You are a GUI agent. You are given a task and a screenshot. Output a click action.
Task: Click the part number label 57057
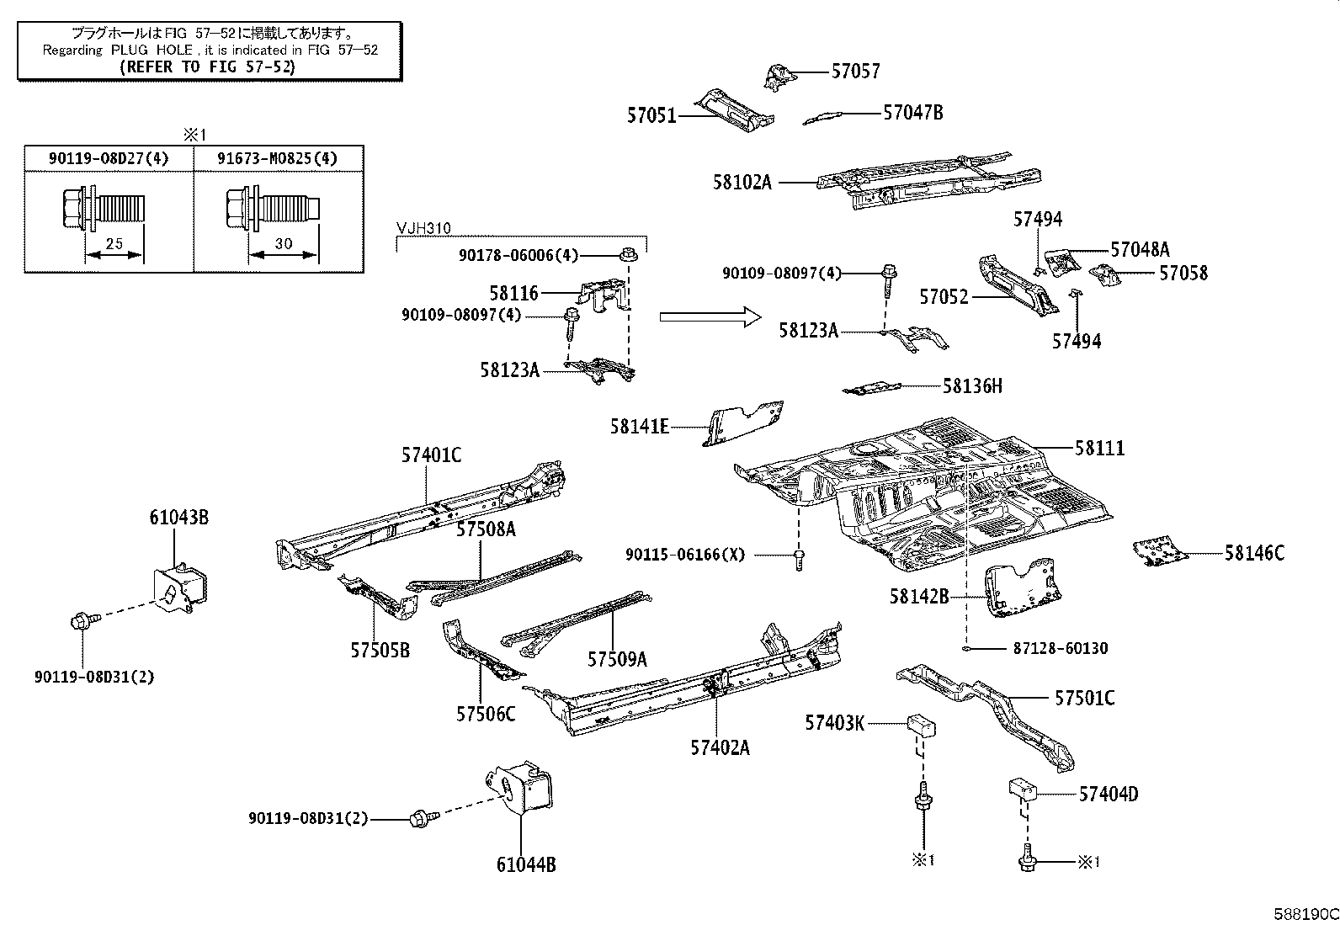tap(855, 72)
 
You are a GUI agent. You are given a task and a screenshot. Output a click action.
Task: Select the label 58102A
tap(742, 183)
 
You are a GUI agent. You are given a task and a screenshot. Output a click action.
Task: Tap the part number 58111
tap(1099, 448)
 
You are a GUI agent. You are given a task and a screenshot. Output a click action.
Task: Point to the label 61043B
tap(179, 518)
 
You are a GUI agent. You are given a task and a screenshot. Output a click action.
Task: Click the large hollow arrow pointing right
tap(710, 317)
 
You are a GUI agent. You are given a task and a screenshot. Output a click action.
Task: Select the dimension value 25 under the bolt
tap(114, 243)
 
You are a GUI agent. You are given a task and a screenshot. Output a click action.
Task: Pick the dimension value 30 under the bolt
tap(283, 243)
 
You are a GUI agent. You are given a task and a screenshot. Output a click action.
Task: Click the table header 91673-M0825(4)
tap(277, 158)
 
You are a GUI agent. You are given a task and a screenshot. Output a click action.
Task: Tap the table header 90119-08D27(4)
tap(109, 158)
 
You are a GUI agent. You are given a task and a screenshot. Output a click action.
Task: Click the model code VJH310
tap(423, 228)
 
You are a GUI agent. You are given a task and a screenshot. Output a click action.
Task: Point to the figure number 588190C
tap(1306, 914)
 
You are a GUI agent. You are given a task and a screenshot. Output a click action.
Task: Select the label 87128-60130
tap(1060, 649)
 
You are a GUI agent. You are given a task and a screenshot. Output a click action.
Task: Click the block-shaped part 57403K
tap(921, 726)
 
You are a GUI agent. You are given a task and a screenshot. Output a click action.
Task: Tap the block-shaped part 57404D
tap(1023, 789)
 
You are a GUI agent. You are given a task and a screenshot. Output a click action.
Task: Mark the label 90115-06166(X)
tap(685, 555)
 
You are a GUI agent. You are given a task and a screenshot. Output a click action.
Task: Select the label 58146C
tap(1254, 553)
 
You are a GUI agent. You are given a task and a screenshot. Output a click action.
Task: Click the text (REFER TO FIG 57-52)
tap(208, 67)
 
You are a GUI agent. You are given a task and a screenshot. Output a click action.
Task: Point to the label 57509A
tap(617, 659)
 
